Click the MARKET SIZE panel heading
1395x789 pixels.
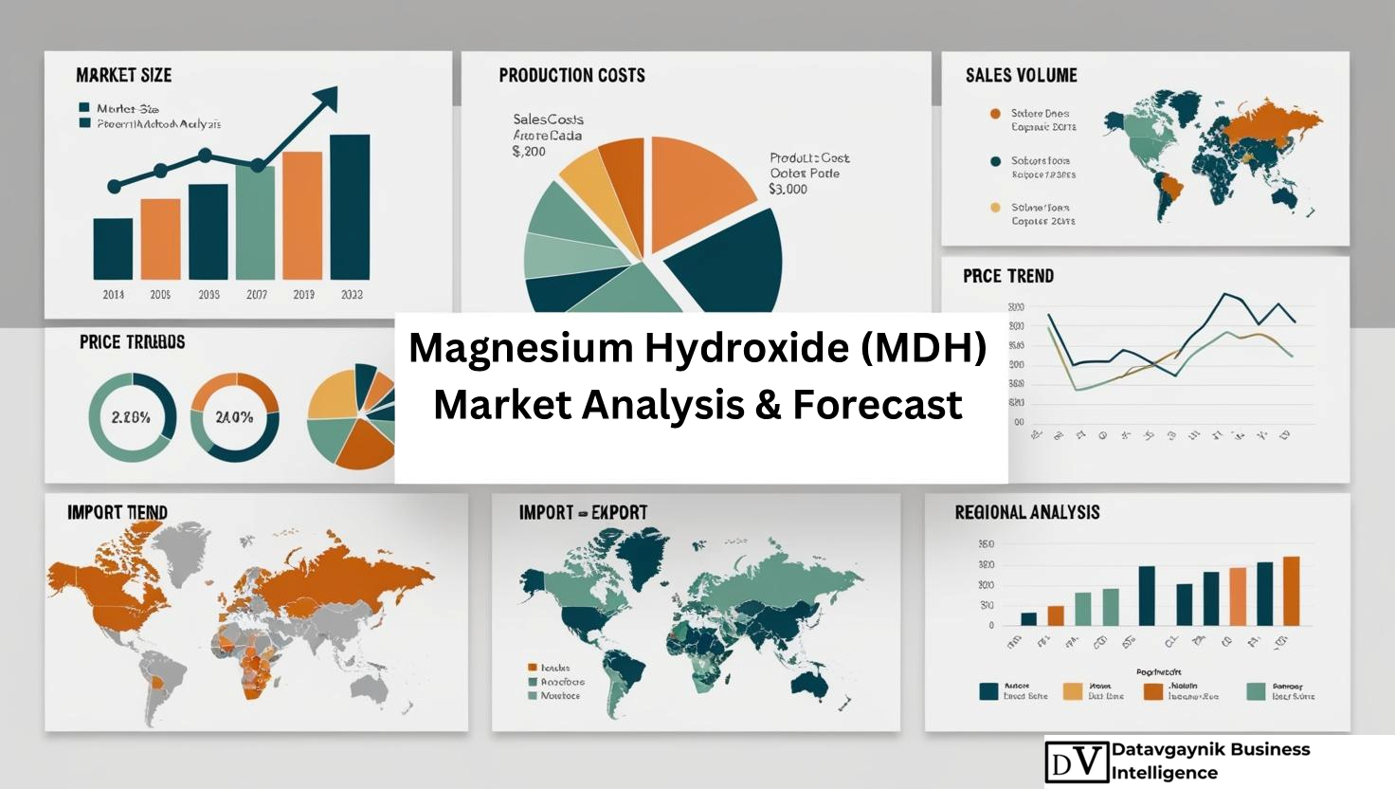click(x=123, y=75)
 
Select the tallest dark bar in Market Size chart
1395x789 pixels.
click(x=349, y=207)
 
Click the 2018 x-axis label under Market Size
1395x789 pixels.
click(x=114, y=295)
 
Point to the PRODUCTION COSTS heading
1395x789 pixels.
click(x=571, y=75)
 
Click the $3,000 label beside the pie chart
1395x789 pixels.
click(x=788, y=189)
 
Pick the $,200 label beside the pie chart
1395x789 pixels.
click(x=529, y=151)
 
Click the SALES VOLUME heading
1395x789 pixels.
click(x=1021, y=75)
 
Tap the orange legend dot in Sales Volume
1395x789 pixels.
click(x=995, y=114)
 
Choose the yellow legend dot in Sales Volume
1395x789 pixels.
click(x=995, y=208)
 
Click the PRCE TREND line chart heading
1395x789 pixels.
click(x=1007, y=276)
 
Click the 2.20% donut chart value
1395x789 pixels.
click(x=131, y=417)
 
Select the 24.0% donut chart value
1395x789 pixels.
click(x=234, y=417)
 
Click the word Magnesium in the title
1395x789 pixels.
click(x=521, y=348)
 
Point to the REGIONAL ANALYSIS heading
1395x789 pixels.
click(x=1027, y=512)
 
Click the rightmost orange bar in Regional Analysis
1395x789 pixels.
click(x=1291, y=591)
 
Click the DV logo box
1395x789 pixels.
click(x=1077, y=761)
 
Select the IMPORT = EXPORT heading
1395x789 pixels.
click(x=583, y=512)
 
